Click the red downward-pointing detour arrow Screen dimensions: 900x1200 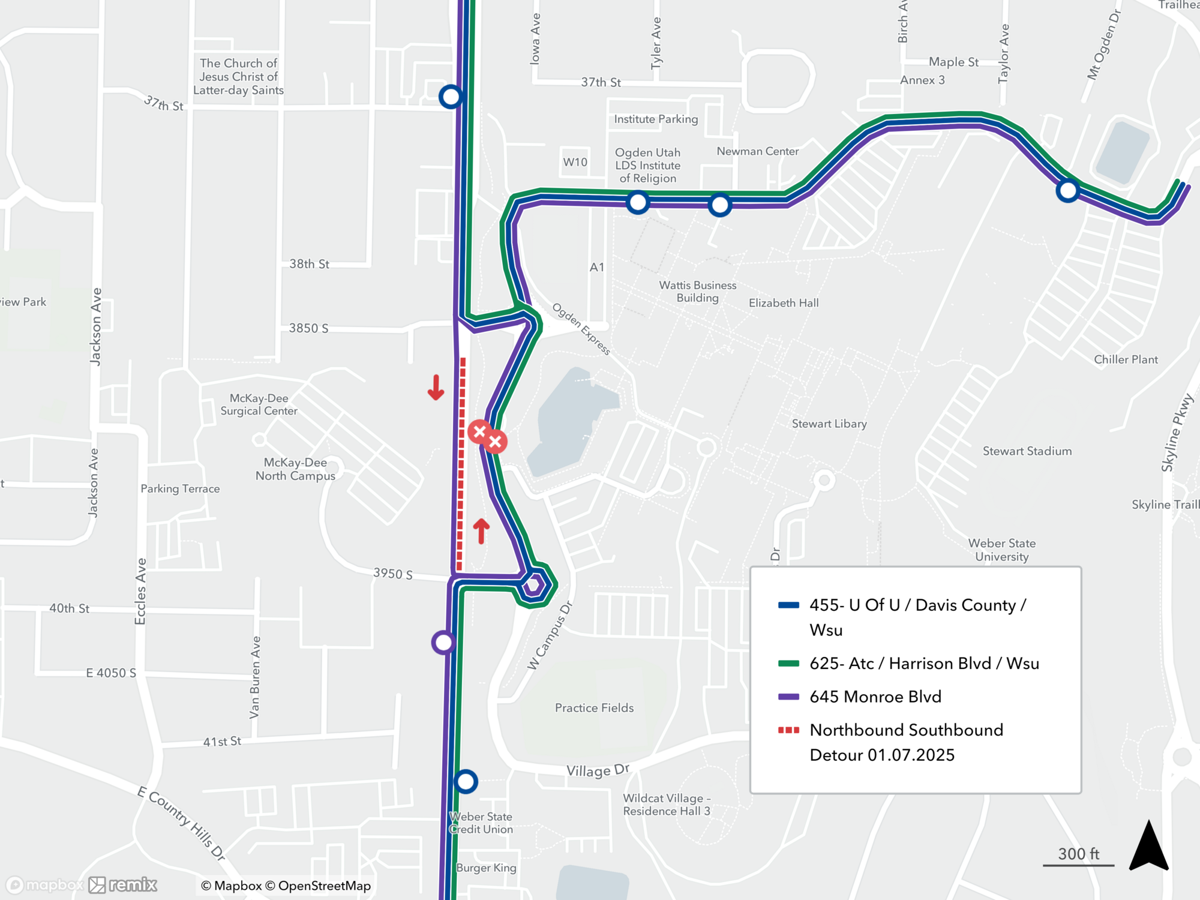coord(436,388)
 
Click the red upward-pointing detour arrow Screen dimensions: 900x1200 coord(481,531)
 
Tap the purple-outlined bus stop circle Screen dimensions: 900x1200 coord(443,643)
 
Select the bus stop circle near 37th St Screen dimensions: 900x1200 coord(451,97)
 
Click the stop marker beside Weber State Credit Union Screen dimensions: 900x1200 coord(466,782)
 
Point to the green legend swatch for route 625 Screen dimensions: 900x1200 coord(788,664)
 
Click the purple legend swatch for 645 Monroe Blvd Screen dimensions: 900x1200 coord(788,697)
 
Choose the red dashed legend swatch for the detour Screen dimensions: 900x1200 coord(788,730)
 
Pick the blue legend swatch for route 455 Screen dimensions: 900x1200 coord(788,605)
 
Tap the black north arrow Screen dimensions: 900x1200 coord(1148,847)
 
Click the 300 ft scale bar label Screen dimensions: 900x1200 coord(1078,854)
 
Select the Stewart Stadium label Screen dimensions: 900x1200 coord(1027,451)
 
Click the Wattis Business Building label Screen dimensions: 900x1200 coord(697,292)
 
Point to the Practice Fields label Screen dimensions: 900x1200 coord(594,708)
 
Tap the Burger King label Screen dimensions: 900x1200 coord(486,868)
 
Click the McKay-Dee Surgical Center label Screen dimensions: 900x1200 coord(259,404)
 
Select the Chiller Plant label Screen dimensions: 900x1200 coord(1126,359)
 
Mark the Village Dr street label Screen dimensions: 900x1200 coord(598,770)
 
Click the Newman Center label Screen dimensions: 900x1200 coord(757,151)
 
